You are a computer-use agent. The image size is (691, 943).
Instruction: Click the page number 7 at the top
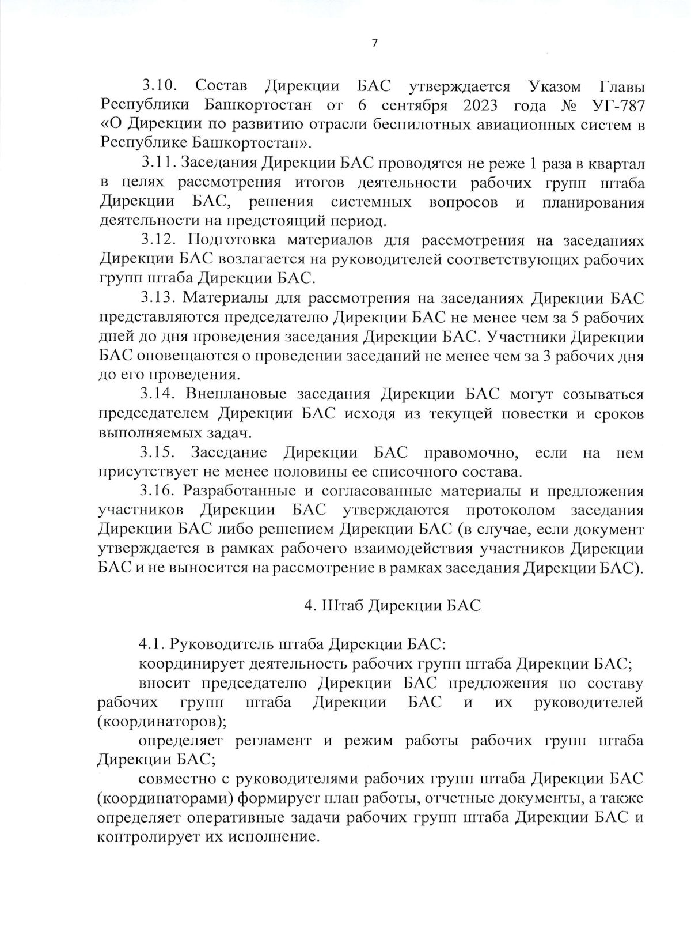[375, 44]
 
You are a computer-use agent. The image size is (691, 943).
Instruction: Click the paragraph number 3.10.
[158, 86]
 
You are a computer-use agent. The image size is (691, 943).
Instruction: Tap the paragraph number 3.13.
[158, 298]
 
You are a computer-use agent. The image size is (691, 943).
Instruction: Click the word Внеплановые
[236, 394]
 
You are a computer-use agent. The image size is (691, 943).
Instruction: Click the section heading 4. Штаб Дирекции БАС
[392, 606]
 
